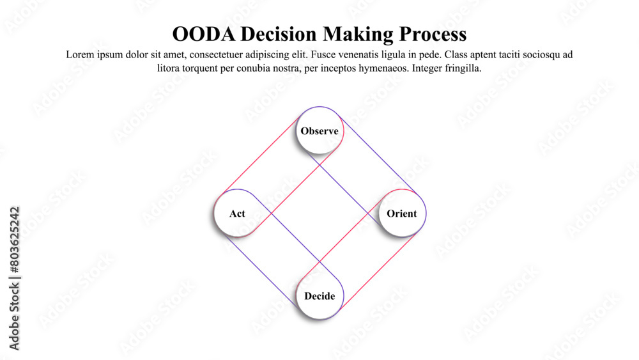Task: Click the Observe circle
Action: pos(319,131)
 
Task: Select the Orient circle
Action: pos(402,214)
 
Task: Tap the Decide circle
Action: pos(319,296)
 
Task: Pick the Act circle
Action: pos(237,214)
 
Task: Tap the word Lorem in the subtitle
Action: pos(80,55)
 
